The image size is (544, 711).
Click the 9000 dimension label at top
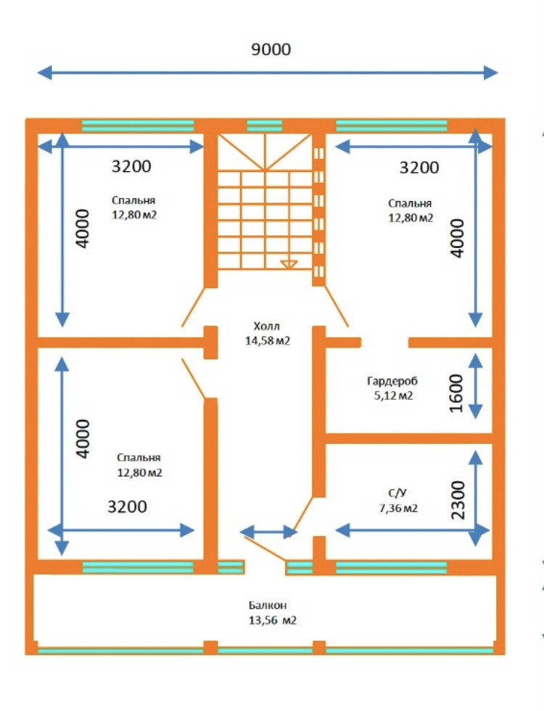pyautogui.click(x=271, y=49)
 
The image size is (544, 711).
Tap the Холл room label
pyautogui.click(x=266, y=326)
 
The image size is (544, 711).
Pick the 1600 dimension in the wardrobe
pyautogui.click(x=456, y=393)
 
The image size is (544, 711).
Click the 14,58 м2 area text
pyautogui.click(x=267, y=340)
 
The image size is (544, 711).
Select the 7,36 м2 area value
pyautogui.click(x=395, y=509)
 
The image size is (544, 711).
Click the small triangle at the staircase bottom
pyautogui.click(x=289, y=264)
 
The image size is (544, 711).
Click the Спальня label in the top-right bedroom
pyautogui.click(x=410, y=204)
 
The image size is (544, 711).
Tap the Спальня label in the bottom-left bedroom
pyautogui.click(x=139, y=458)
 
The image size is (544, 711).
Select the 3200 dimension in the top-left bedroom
pyautogui.click(x=131, y=166)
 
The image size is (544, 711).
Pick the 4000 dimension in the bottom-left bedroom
pyautogui.click(x=84, y=438)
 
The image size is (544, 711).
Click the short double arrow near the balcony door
pyautogui.click(x=268, y=532)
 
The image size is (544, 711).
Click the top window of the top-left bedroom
pyautogui.click(x=138, y=126)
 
